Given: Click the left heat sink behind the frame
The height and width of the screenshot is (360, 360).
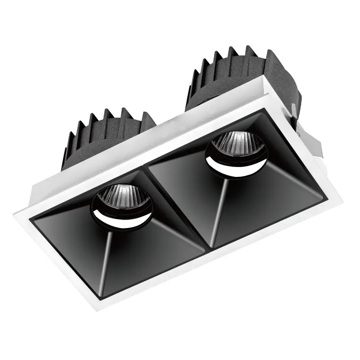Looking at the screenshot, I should click(108, 139).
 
